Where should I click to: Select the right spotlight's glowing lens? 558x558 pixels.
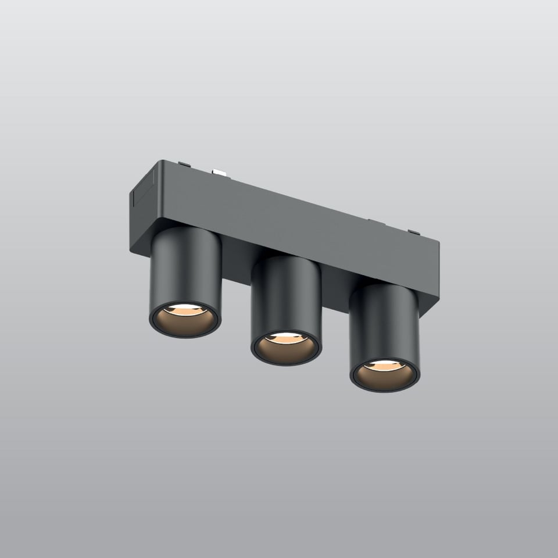384,375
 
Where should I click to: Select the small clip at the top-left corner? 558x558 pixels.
184,164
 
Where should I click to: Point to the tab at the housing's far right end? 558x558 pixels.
414,233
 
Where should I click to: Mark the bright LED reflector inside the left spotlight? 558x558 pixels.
185,310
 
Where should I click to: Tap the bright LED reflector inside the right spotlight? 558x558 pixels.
384,366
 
